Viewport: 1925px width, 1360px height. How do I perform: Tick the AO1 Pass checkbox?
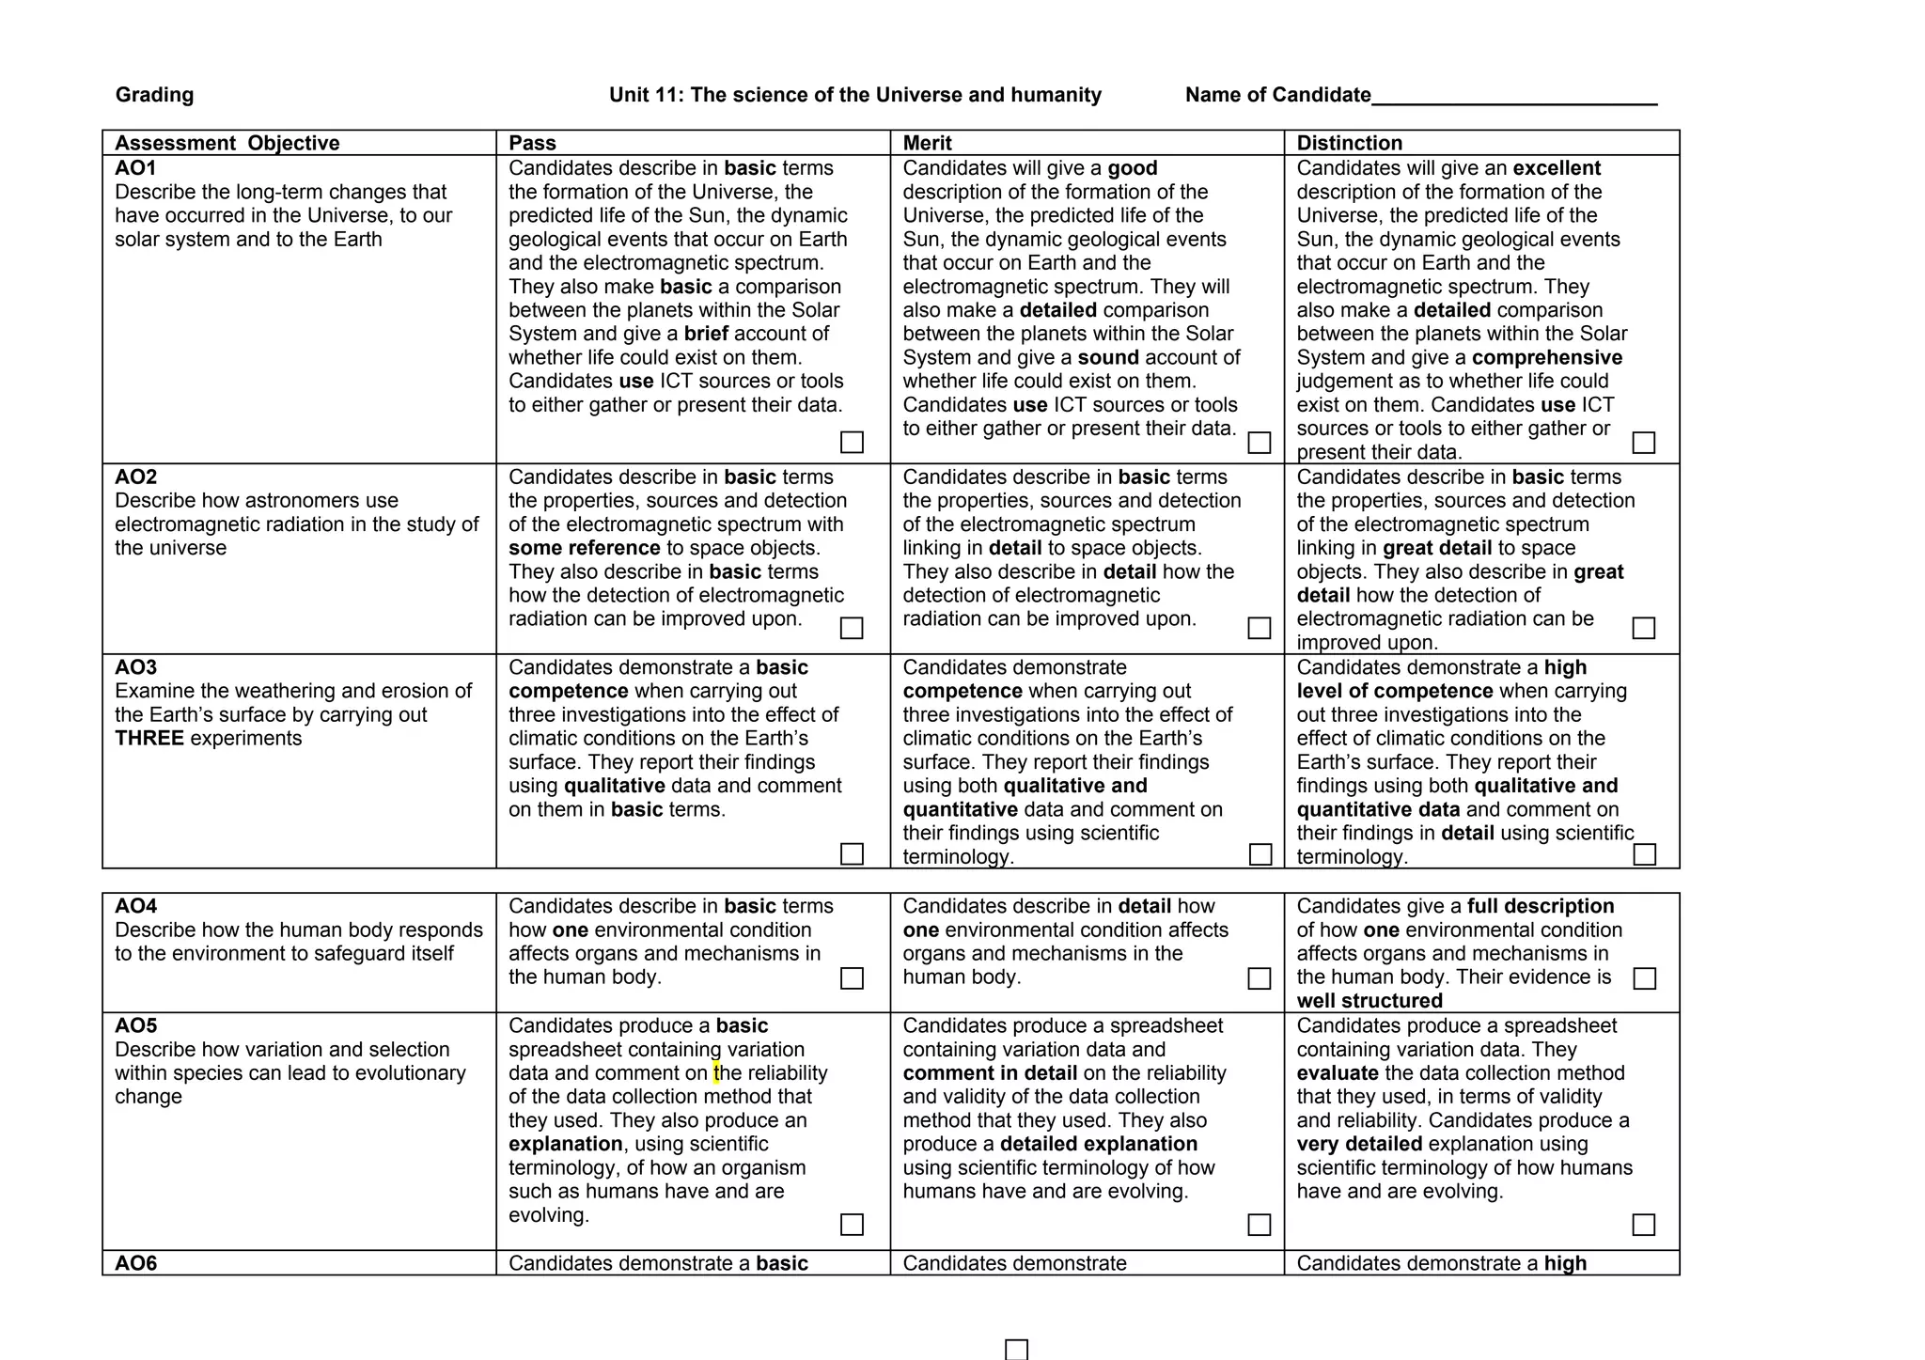tap(852, 442)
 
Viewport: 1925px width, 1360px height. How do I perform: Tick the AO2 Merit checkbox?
tap(1259, 628)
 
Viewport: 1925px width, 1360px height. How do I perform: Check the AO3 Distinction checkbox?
tap(1644, 854)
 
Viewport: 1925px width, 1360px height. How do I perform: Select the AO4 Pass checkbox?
tap(852, 978)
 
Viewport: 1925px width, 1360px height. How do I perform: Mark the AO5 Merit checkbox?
tap(1259, 1225)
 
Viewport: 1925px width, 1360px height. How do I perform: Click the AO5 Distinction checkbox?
tap(1644, 1225)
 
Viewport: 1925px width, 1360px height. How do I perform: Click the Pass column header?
tap(532, 143)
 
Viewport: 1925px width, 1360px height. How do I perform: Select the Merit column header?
tap(927, 143)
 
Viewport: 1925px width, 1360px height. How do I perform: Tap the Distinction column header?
tap(1349, 143)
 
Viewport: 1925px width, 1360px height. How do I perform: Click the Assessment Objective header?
tap(227, 143)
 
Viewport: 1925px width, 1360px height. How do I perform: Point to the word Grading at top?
tap(154, 95)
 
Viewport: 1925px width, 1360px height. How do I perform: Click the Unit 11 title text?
tap(854, 95)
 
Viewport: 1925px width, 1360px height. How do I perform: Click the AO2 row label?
tap(135, 477)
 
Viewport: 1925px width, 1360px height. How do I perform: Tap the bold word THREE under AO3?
tap(149, 739)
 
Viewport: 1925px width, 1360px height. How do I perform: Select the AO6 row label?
tap(135, 1263)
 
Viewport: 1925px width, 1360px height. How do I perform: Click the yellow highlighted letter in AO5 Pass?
tap(716, 1073)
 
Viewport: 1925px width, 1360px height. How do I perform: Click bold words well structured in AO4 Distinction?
tap(1369, 1001)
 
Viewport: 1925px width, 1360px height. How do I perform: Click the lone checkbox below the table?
tap(1016, 1350)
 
